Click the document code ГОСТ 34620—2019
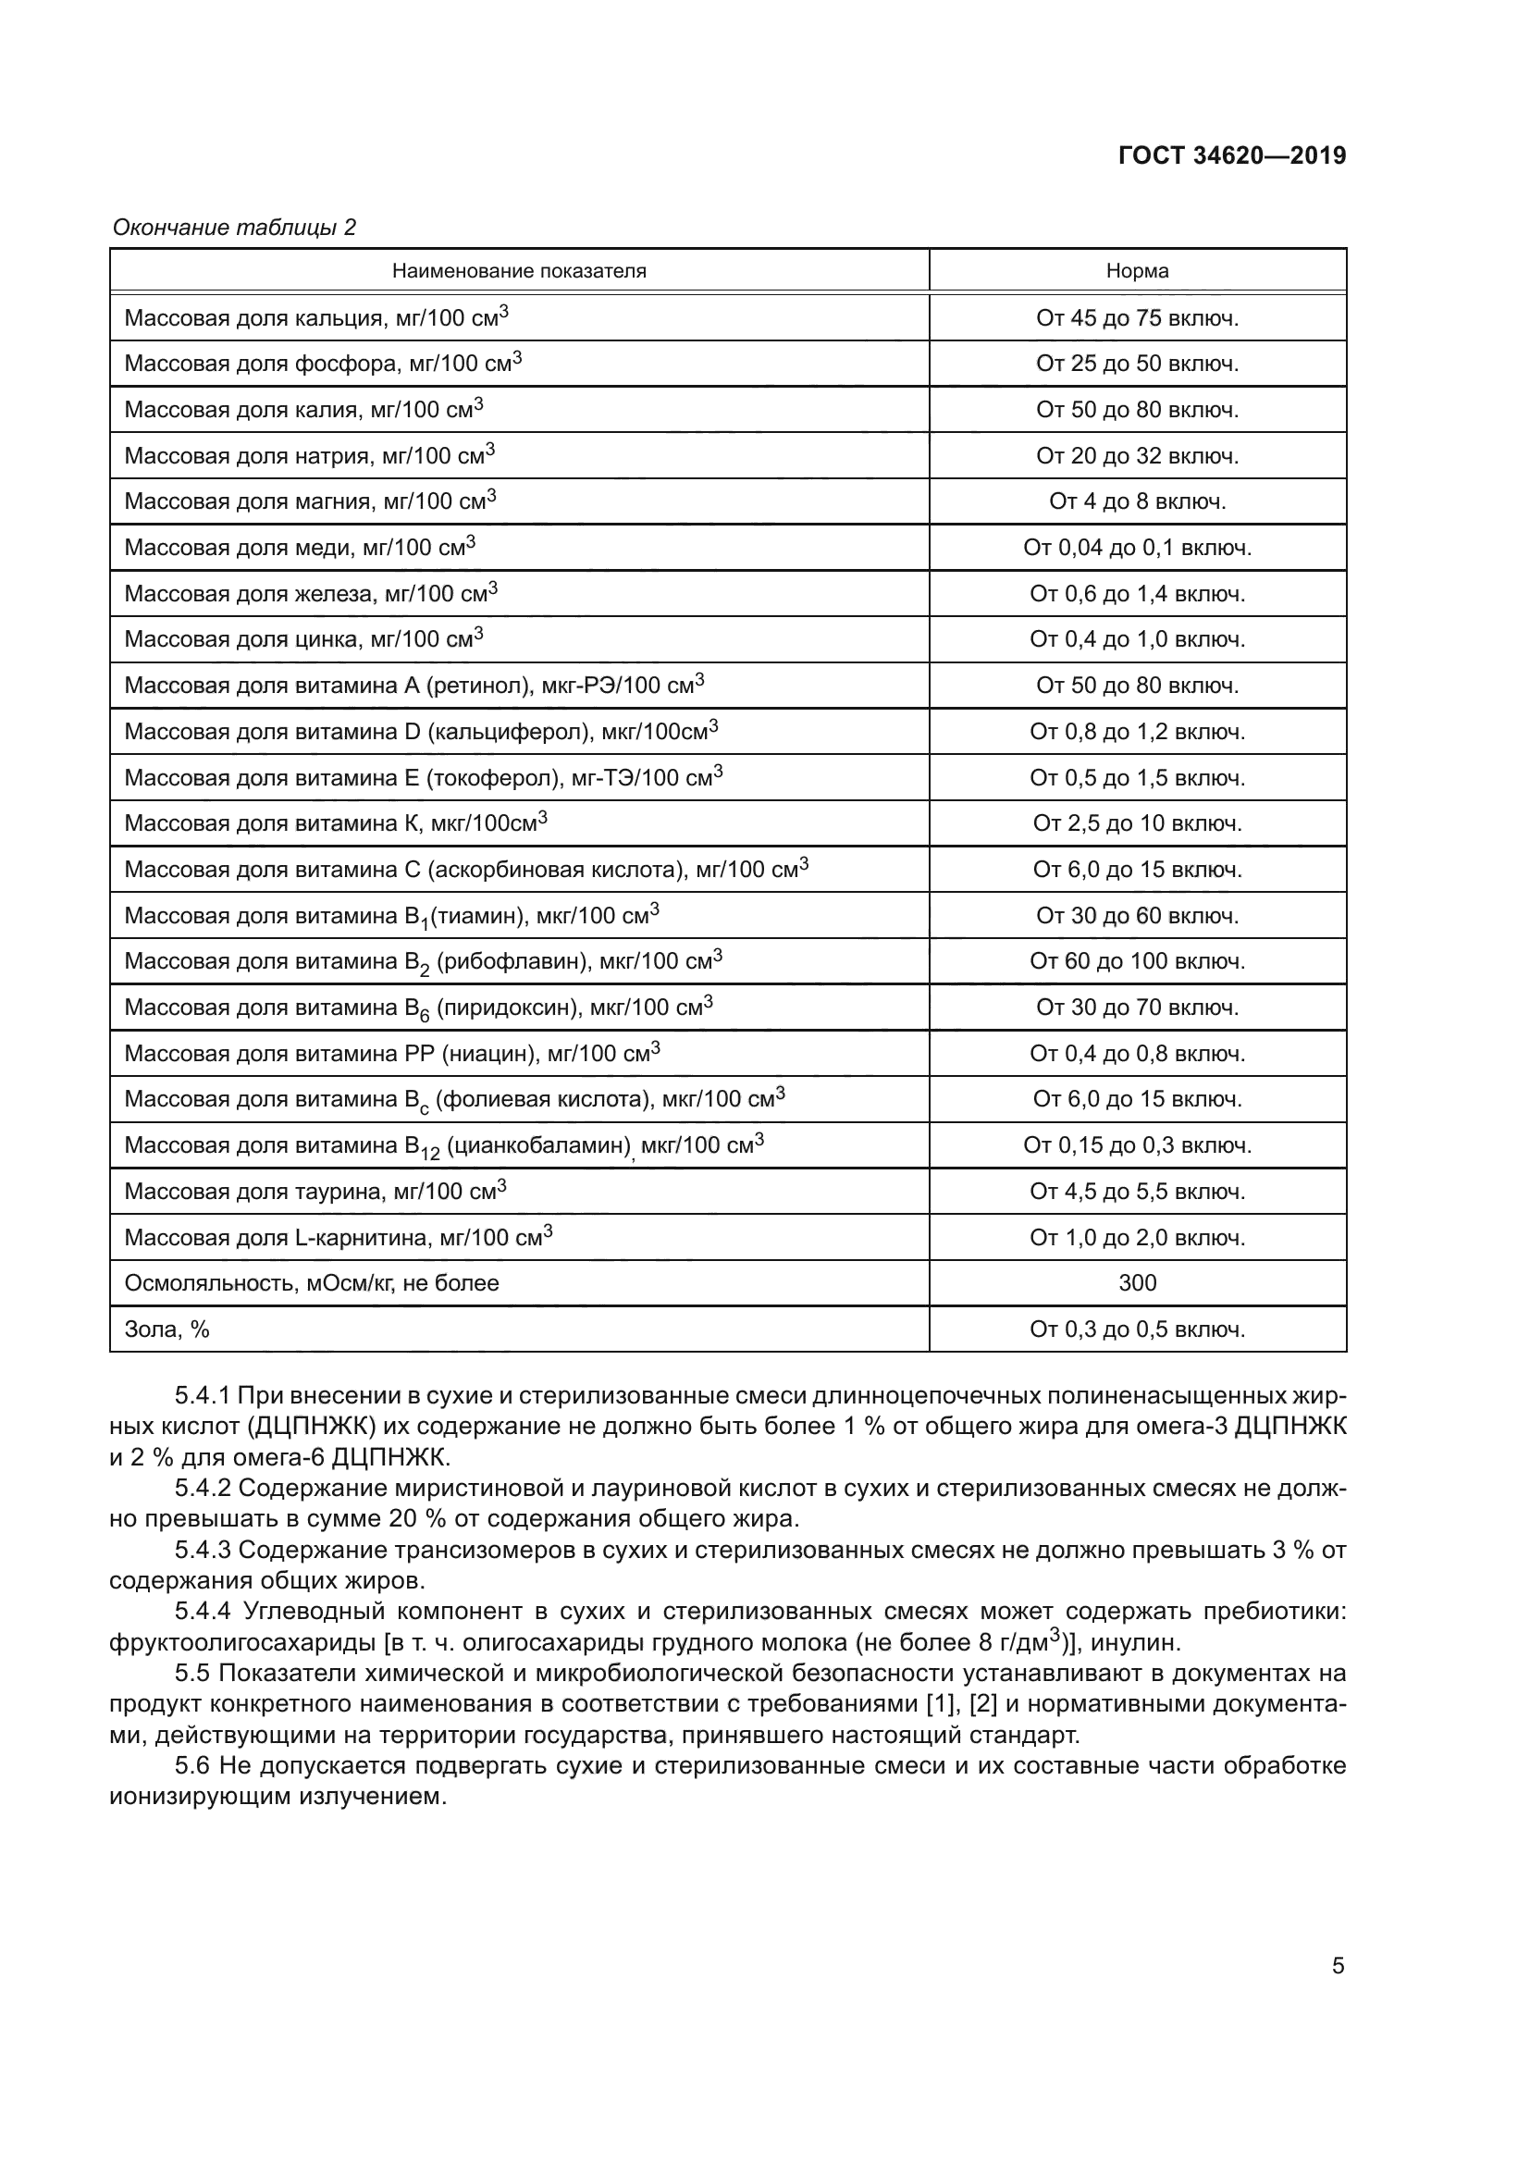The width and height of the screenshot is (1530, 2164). [x=1231, y=155]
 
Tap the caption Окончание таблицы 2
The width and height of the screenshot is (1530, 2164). [x=234, y=228]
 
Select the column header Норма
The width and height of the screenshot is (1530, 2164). [x=1137, y=271]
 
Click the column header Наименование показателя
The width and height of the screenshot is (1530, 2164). [x=519, y=271]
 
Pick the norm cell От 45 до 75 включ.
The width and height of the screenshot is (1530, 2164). [x=1137, y=318]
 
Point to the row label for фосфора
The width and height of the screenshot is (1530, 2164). [x=323, y=364]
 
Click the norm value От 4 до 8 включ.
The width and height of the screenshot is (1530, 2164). [x=1137, y=502]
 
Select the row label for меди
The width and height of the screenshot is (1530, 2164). [x=300, y=548]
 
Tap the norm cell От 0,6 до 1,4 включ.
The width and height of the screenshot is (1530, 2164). [x=1137, y=594]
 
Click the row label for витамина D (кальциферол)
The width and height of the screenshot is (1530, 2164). [x=421, y=732]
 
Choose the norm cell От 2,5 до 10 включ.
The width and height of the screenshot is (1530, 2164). [x=1137, y=823]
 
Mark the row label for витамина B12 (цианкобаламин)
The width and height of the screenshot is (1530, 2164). [x=444, y=1146]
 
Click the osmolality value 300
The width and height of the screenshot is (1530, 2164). [x=1137, y=1284]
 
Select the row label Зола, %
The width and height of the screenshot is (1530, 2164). [x=167, y=1329]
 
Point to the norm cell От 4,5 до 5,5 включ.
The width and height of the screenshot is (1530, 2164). [x=1137, y=1193]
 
